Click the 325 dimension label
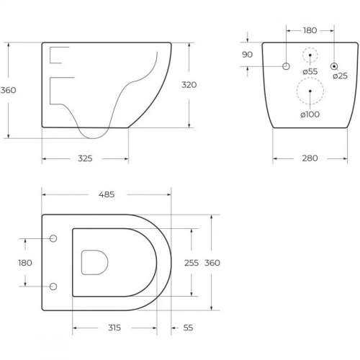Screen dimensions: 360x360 click(x=85, y=158)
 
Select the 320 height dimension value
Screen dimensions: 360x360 click(x=189, y=85)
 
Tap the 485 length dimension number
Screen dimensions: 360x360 click(x=107, y=194)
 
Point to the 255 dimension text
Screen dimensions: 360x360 click(x=192, y=263)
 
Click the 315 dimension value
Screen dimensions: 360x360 click(x=114, y=328)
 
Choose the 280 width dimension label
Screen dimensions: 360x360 click(x=310, y=158)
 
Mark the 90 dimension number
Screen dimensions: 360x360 click(x=247, y=55)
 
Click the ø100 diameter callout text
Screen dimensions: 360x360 click(x=310, y=114)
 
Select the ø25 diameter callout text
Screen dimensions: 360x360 click(x=341, y=76)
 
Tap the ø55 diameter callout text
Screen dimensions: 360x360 click(x=310, y=71)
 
